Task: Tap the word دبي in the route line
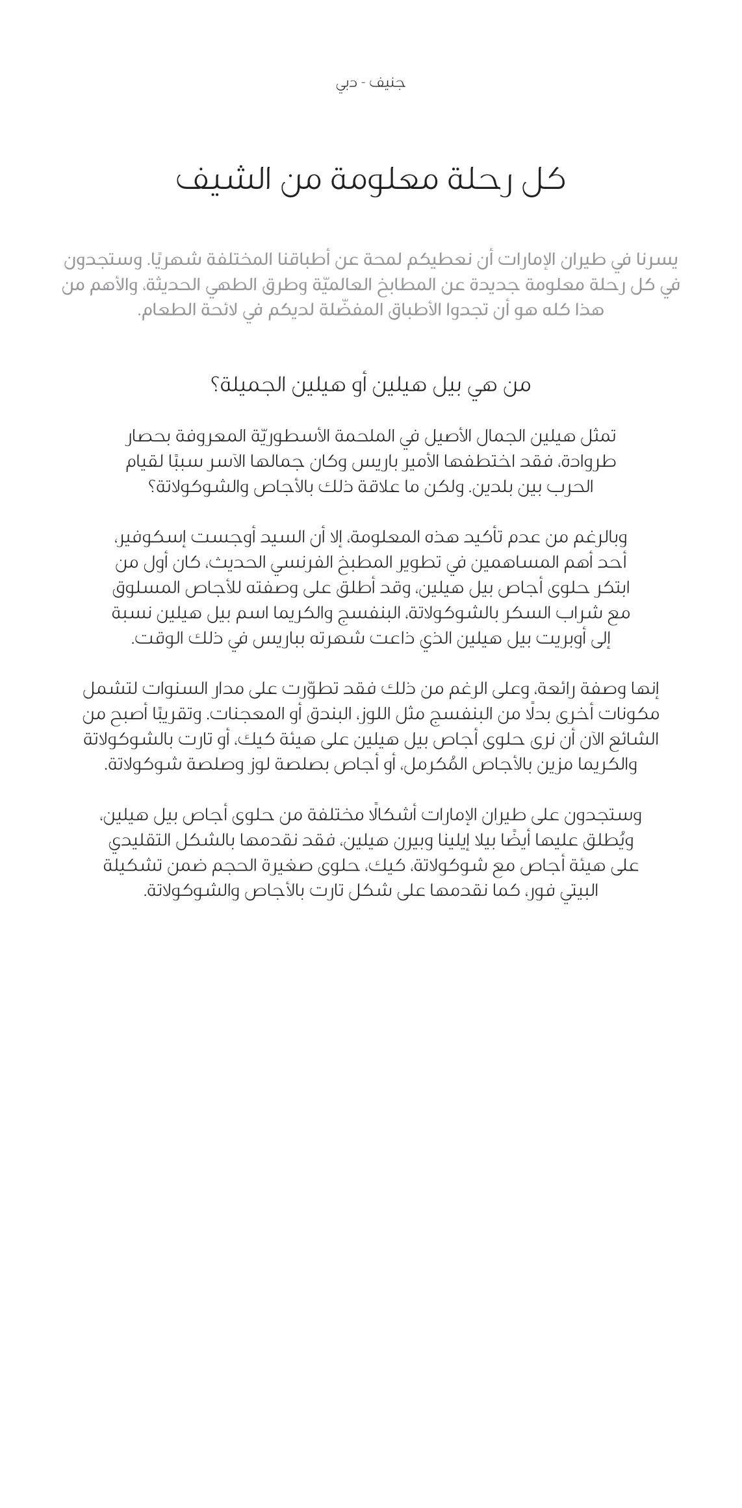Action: (x=346, y=84)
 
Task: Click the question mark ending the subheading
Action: (x=216, y=385)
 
